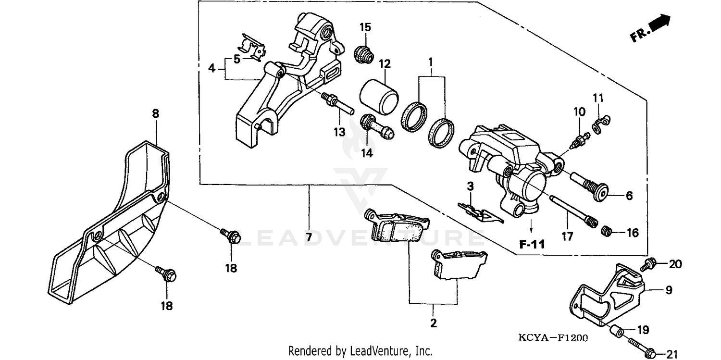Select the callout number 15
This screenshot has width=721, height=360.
click(365, 27)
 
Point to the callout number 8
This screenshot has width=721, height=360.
click(155, 114)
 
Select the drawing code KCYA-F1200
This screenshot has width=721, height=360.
click(553, 338)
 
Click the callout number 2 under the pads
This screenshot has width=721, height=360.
click(433, 323)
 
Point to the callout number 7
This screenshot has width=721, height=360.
click(309, 237)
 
